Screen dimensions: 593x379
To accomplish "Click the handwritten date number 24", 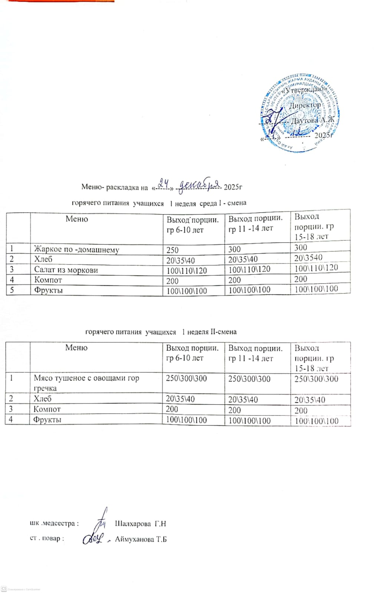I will coord(163,183).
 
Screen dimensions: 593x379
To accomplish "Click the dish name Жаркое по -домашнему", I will coord(76,249).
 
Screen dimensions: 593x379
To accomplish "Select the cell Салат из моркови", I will coord(66,270).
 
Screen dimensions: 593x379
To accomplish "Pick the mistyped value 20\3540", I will coord(308,258).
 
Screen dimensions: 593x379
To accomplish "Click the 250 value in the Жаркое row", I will coord(172,250).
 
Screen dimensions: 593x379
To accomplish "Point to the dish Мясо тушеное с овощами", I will coord(86,378).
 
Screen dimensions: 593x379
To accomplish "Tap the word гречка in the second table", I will coord(45,388).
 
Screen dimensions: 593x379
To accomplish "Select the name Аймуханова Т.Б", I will coord(141,539).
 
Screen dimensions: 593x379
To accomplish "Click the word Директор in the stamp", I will coord(305,105).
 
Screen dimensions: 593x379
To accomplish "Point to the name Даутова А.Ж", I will coord(312,120).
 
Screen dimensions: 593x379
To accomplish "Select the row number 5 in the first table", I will coord(12,290).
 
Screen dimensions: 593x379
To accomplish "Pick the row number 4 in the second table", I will coord(11,419).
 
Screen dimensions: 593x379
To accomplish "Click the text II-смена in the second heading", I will coord(223,332).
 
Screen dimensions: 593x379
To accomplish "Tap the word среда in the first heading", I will coord(208,203).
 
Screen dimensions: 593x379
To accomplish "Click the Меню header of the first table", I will coord(77,219).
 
